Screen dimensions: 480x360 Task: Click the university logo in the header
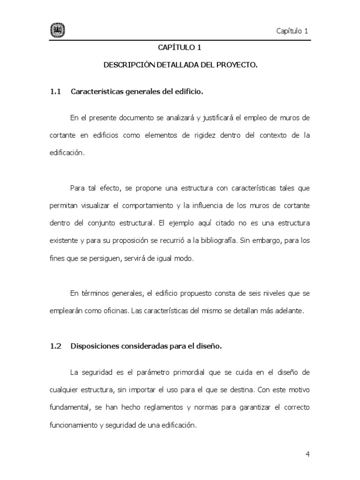57,31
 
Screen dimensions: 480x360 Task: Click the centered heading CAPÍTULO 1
180,47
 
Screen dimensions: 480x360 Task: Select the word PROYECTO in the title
237,66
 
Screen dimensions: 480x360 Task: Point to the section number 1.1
56,92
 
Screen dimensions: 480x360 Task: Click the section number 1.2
56,346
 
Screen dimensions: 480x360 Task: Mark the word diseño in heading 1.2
208,346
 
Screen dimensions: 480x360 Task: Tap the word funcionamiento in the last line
74,425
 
